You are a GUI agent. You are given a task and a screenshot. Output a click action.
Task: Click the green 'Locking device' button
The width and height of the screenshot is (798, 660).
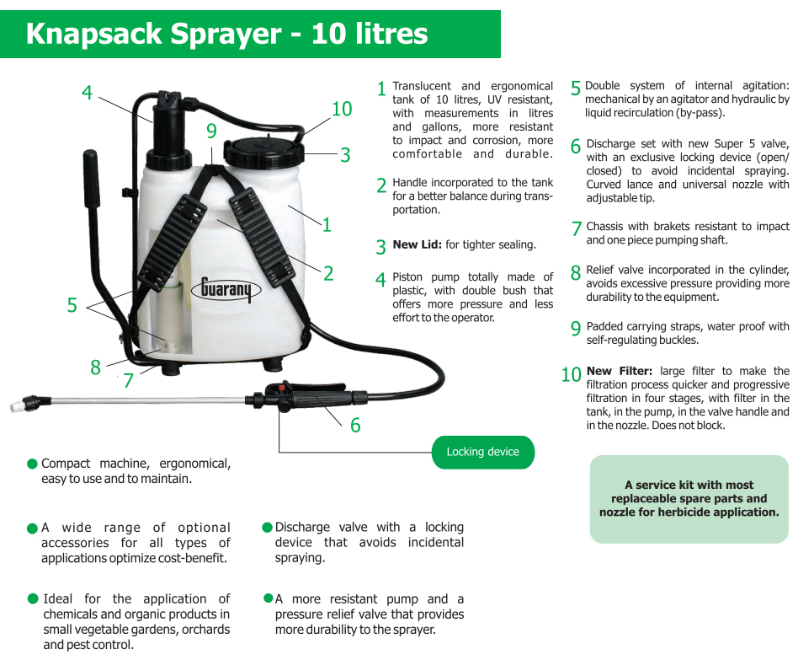[482, 452]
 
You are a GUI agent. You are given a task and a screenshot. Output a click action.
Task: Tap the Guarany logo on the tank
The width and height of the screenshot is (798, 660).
[226, 289]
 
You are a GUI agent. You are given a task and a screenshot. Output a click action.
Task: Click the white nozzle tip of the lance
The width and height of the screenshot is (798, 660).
[16, 406]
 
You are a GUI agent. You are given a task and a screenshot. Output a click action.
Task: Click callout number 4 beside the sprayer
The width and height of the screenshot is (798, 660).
[87, 93]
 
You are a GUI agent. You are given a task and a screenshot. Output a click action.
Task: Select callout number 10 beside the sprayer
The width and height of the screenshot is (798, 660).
[342, 109]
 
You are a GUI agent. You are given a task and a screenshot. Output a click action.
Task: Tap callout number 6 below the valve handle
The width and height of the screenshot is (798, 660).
[355, 425]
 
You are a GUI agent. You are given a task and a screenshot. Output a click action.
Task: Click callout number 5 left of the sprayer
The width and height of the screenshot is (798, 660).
[72, 305]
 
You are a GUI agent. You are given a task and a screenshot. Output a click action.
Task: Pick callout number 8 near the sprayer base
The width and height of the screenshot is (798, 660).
[95, 367]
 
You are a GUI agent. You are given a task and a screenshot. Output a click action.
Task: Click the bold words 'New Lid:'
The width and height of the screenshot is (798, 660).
[417, 244]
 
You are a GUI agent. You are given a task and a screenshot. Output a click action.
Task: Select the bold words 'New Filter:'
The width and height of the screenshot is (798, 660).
[619, 371]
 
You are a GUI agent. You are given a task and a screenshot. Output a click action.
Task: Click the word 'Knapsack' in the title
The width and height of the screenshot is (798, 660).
[93, 34]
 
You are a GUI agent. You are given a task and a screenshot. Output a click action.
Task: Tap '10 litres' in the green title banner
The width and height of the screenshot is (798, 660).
[370, 34]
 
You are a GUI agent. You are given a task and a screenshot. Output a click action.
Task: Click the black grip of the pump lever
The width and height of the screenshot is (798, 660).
[92, 178]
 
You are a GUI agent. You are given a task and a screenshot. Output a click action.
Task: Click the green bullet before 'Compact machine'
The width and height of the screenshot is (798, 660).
[32, 464]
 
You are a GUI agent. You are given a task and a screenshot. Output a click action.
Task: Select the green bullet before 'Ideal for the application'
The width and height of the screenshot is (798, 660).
[33, 598]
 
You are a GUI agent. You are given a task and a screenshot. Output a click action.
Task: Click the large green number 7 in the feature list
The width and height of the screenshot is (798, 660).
[576, 228]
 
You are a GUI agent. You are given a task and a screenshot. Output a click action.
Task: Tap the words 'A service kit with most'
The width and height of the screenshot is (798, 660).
[689, 485]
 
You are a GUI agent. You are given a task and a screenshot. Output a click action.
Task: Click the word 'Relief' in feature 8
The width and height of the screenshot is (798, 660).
[600, 270]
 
